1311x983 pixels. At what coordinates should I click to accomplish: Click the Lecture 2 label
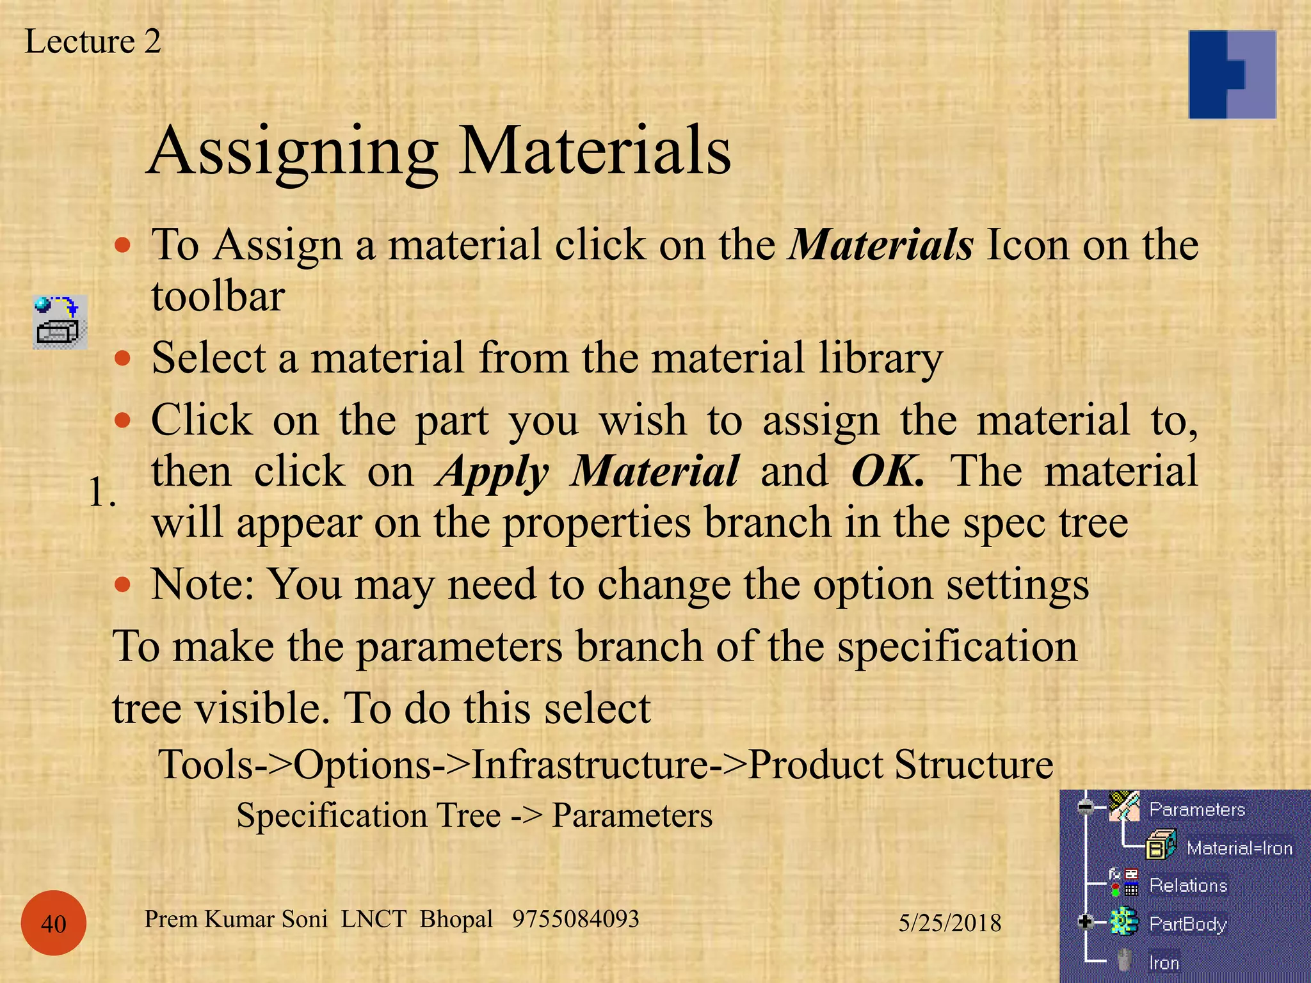pyautogui.click(x=93, y=42)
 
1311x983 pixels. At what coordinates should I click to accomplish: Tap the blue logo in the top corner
pyautogui.click(x=1232, y=74)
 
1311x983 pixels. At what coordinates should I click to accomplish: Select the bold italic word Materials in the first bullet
pyautogui.click(x=881, y=245)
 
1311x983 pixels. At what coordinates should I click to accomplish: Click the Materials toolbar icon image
pyautogui.click(x=60, y=322)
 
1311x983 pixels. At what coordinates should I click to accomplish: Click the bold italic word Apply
pyautogui.click(x=492, y=472)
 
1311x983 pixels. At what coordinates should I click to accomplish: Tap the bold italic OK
pyautogui.click(x=887, y=472)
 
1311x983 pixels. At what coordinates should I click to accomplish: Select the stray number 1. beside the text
pyautogui.click(x=102, y=493)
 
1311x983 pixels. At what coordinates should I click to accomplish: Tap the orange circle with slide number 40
pyautogui.click(x=54, y=923)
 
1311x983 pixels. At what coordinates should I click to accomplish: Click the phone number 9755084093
pyautogui.click(x=575, y=919)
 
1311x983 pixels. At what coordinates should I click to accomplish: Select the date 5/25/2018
pyautogui.click(x=950, y=923)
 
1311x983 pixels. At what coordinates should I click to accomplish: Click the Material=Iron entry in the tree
pyautogui.click(x=1239, y=848)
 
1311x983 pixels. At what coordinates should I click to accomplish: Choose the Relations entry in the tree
pyautogui.click(x=1188, y=886)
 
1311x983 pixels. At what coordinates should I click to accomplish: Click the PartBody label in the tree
pyautogui.click(x=1188, y=923)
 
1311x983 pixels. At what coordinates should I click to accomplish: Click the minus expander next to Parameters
pyautogui.click(x=1085, y=807)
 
